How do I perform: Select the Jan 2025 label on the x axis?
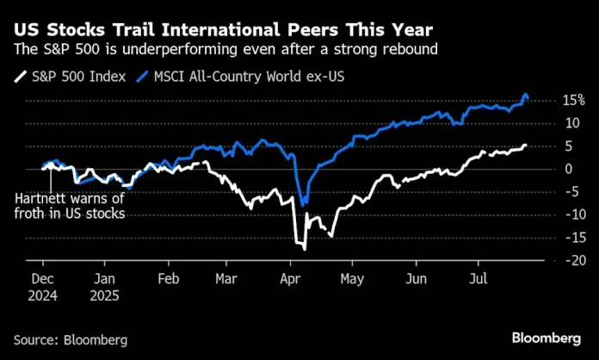point(103,286)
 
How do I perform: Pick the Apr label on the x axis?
point(291,279)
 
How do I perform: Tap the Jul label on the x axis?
point(474,279)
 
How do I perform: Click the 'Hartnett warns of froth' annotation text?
point(69,206)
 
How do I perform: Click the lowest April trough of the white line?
point(305,248)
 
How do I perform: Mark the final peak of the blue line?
point(525,94)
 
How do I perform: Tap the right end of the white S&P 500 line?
point(525,146)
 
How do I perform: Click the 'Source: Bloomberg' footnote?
point(70,340)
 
